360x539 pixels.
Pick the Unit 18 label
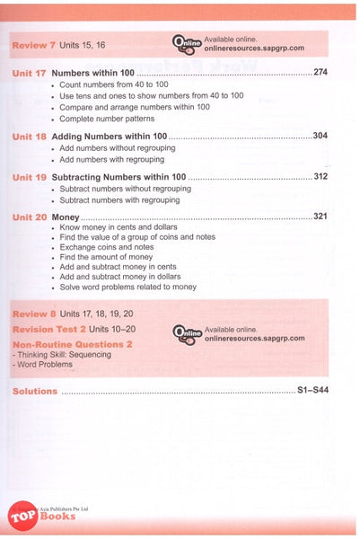coord(31,136)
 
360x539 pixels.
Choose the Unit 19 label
coord(31,177)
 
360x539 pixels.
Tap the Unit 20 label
coord(31,217)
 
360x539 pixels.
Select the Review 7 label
coord(33,44)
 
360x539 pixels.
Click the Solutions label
coord(35,391)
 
